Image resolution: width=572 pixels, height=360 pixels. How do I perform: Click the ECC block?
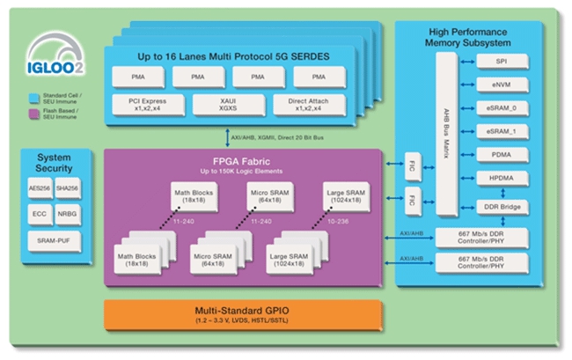pyautogui.click(x=40, y=214)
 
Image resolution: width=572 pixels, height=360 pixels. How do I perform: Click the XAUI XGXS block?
pyautogui.click(x=229, y=107)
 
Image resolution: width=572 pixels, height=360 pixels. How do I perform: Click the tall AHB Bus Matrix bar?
pyautogui.click(x=447, y=132)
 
